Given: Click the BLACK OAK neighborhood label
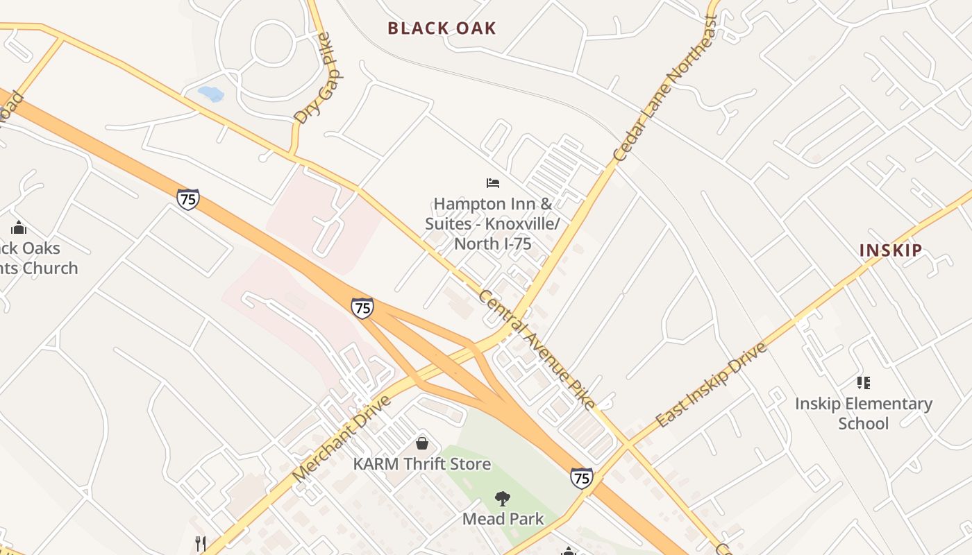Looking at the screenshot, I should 442,28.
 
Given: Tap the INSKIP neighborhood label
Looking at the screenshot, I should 891,250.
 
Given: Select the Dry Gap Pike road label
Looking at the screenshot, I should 313,78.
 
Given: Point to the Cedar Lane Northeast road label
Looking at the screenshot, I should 665,88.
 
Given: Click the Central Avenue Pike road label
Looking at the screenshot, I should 537,349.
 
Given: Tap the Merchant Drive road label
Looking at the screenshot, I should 342,438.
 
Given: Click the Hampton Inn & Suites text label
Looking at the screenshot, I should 492,223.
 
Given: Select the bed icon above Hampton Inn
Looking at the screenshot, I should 493,183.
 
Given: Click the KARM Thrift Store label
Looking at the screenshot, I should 422,464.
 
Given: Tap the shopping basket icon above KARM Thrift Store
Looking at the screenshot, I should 422,443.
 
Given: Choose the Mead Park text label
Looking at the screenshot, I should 503,519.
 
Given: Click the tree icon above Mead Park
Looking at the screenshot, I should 503,498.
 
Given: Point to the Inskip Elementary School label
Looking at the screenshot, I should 863,413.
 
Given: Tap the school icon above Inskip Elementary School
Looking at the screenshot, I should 863,382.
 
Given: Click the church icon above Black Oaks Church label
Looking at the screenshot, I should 19,228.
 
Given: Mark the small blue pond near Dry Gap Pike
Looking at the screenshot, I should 211,94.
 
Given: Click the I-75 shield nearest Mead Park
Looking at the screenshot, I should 582,477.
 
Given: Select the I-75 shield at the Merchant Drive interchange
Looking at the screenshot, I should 362,307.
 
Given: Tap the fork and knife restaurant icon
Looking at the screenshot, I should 201,543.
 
